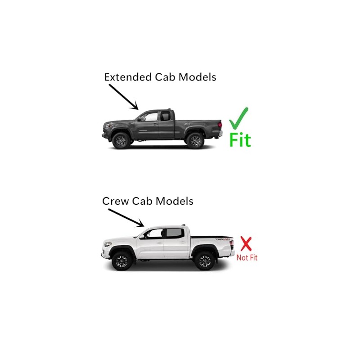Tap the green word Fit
pyautogui.click(x=240, y=140)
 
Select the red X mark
pyautogui.click(x=246, y=244)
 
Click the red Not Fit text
pyautogui.click(x=247, y=258)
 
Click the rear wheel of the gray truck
pyautogui.click(x=195, y=140)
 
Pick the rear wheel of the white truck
pyautogui.click(x=205, y=261)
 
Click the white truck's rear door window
pyautogui.click(x=173, y=233)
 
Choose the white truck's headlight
pyautogui.click(x=108, y=245)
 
